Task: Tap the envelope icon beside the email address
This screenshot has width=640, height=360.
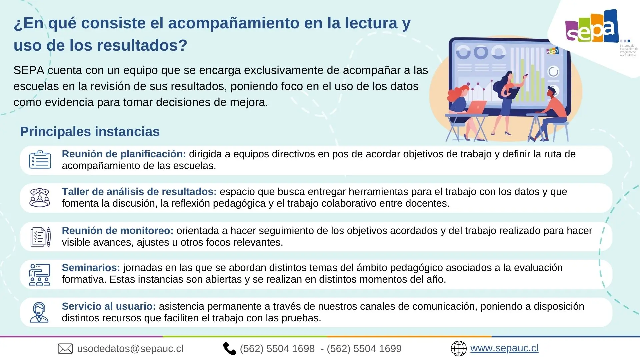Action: pyautogui.click(x=65, y=349)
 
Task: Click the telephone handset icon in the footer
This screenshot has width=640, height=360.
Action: pyautogui.click(x=229, y=349)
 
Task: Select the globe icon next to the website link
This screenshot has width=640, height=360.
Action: pyautogui.click(x=459, y=349)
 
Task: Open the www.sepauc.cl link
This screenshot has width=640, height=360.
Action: pyautogui.click(x=504, y=348)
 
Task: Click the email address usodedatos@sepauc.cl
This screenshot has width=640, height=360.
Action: pyautogui.click(x=130, y=349)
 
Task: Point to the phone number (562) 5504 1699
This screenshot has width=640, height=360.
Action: pyautogui.click(x=364, y=349)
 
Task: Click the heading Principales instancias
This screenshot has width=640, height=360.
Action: pyautogui.click(x=90, y=132)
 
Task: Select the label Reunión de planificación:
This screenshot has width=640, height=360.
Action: pyautogui.click(x=124, y=154)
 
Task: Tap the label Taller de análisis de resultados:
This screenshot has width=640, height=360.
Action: pyautogui.click(x=139, y=192)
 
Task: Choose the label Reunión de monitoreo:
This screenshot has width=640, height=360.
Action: pyautogui.click(x=118, y=231)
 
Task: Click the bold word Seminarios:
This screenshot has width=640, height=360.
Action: pyautogui.click(x=91, y=268)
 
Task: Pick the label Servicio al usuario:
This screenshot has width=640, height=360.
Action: pyautogui.click(x=109, y=306)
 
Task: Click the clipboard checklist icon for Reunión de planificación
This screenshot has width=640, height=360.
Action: pyautogui.click(x=40, y=160)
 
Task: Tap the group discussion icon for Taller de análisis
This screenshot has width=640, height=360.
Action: pyautogui.click(x=40, y=198)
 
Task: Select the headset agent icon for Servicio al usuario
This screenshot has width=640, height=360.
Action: pyautogui.click(x=39, y=312)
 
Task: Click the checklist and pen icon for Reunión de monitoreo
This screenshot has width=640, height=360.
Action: pyautogui.click(x=41, y=237)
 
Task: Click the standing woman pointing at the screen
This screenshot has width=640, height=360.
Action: pyautogui.click(x=508, y=103)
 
